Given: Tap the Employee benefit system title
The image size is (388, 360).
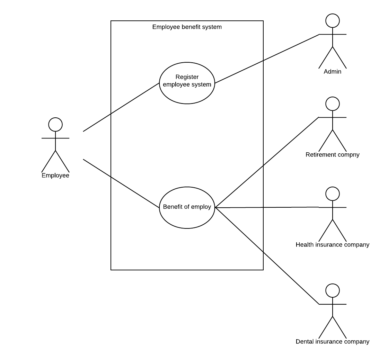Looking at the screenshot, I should click(x=187, y=27).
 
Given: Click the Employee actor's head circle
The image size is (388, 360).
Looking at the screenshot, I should click(x=55, y=125).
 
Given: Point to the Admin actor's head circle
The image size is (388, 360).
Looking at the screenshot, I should click(x=333, y=21).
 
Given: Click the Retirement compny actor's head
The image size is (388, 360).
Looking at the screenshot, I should click(x=333, y=104).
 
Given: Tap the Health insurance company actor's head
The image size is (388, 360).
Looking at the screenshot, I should click(x=333, y=194).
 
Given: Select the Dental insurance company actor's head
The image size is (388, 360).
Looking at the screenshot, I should click(x=333, y=291).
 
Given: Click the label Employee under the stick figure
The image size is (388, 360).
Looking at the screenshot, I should click(x=55, y=175).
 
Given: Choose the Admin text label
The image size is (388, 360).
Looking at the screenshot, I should click(x=333, y=72).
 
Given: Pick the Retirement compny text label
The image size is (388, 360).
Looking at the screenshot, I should click(x=333, y=155).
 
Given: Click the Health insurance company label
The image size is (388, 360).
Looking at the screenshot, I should click(x=333, y=245).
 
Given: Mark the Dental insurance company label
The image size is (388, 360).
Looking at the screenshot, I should click(x=333, y=342).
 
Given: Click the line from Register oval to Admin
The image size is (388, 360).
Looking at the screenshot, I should click(x=267, y=59).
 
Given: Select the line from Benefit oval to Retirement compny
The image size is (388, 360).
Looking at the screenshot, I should click(x=267, y=163).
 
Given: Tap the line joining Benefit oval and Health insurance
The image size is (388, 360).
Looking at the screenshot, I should click(x=267, y=207).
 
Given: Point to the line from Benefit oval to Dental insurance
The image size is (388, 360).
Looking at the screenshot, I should click(x=267, y=256).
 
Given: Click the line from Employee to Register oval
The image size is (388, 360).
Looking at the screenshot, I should click(x=121, y=107).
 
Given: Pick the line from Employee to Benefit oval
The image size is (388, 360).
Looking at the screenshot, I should click(x=121, y=183).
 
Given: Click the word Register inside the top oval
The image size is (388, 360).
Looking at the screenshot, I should click(x=187, y=77).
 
